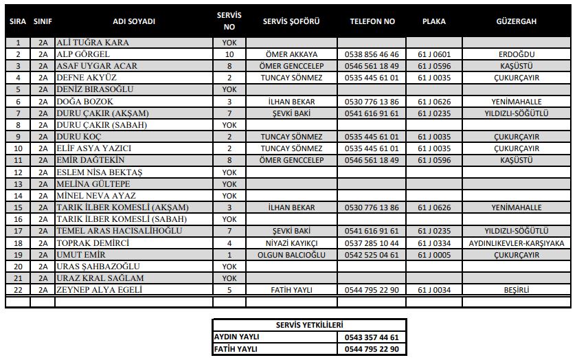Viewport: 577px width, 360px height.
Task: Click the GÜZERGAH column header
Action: point(516,21)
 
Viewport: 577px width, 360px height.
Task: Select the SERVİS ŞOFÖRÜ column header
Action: point(291,21)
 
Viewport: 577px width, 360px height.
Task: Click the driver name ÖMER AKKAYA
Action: point(291,54)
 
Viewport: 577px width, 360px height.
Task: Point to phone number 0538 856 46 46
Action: point(372,54)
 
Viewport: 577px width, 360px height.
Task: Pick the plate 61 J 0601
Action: point(433,54)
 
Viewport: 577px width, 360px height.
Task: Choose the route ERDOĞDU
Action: point(516,54)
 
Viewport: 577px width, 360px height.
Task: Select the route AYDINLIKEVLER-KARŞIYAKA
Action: point(516,243)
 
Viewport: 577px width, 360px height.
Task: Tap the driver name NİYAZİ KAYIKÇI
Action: point(291,243)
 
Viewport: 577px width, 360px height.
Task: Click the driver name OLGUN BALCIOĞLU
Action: point(291,255)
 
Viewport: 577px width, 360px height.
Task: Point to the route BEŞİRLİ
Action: point(516,290)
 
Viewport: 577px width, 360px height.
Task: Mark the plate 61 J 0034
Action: point(433,290)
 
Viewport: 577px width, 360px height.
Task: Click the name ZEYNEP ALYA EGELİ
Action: point(99,290)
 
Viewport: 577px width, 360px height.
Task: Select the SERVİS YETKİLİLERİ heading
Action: point(308,325)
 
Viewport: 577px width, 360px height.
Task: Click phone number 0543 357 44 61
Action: point(372,337)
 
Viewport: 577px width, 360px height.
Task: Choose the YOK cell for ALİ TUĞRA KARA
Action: point(229,43)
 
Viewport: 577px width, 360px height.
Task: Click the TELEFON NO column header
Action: point(372,21)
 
